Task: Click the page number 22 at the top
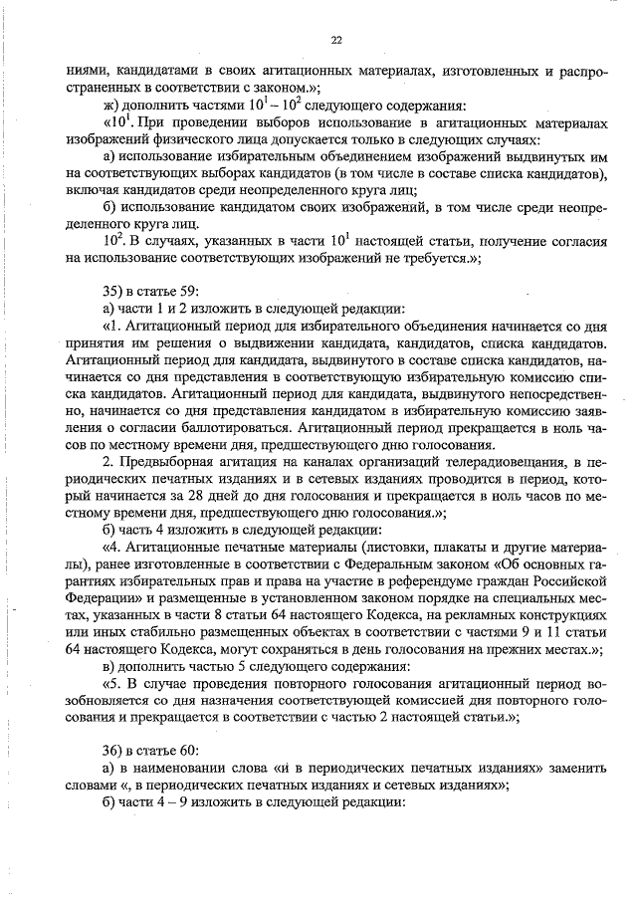[335, 40]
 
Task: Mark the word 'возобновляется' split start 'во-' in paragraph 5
[589, 682]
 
